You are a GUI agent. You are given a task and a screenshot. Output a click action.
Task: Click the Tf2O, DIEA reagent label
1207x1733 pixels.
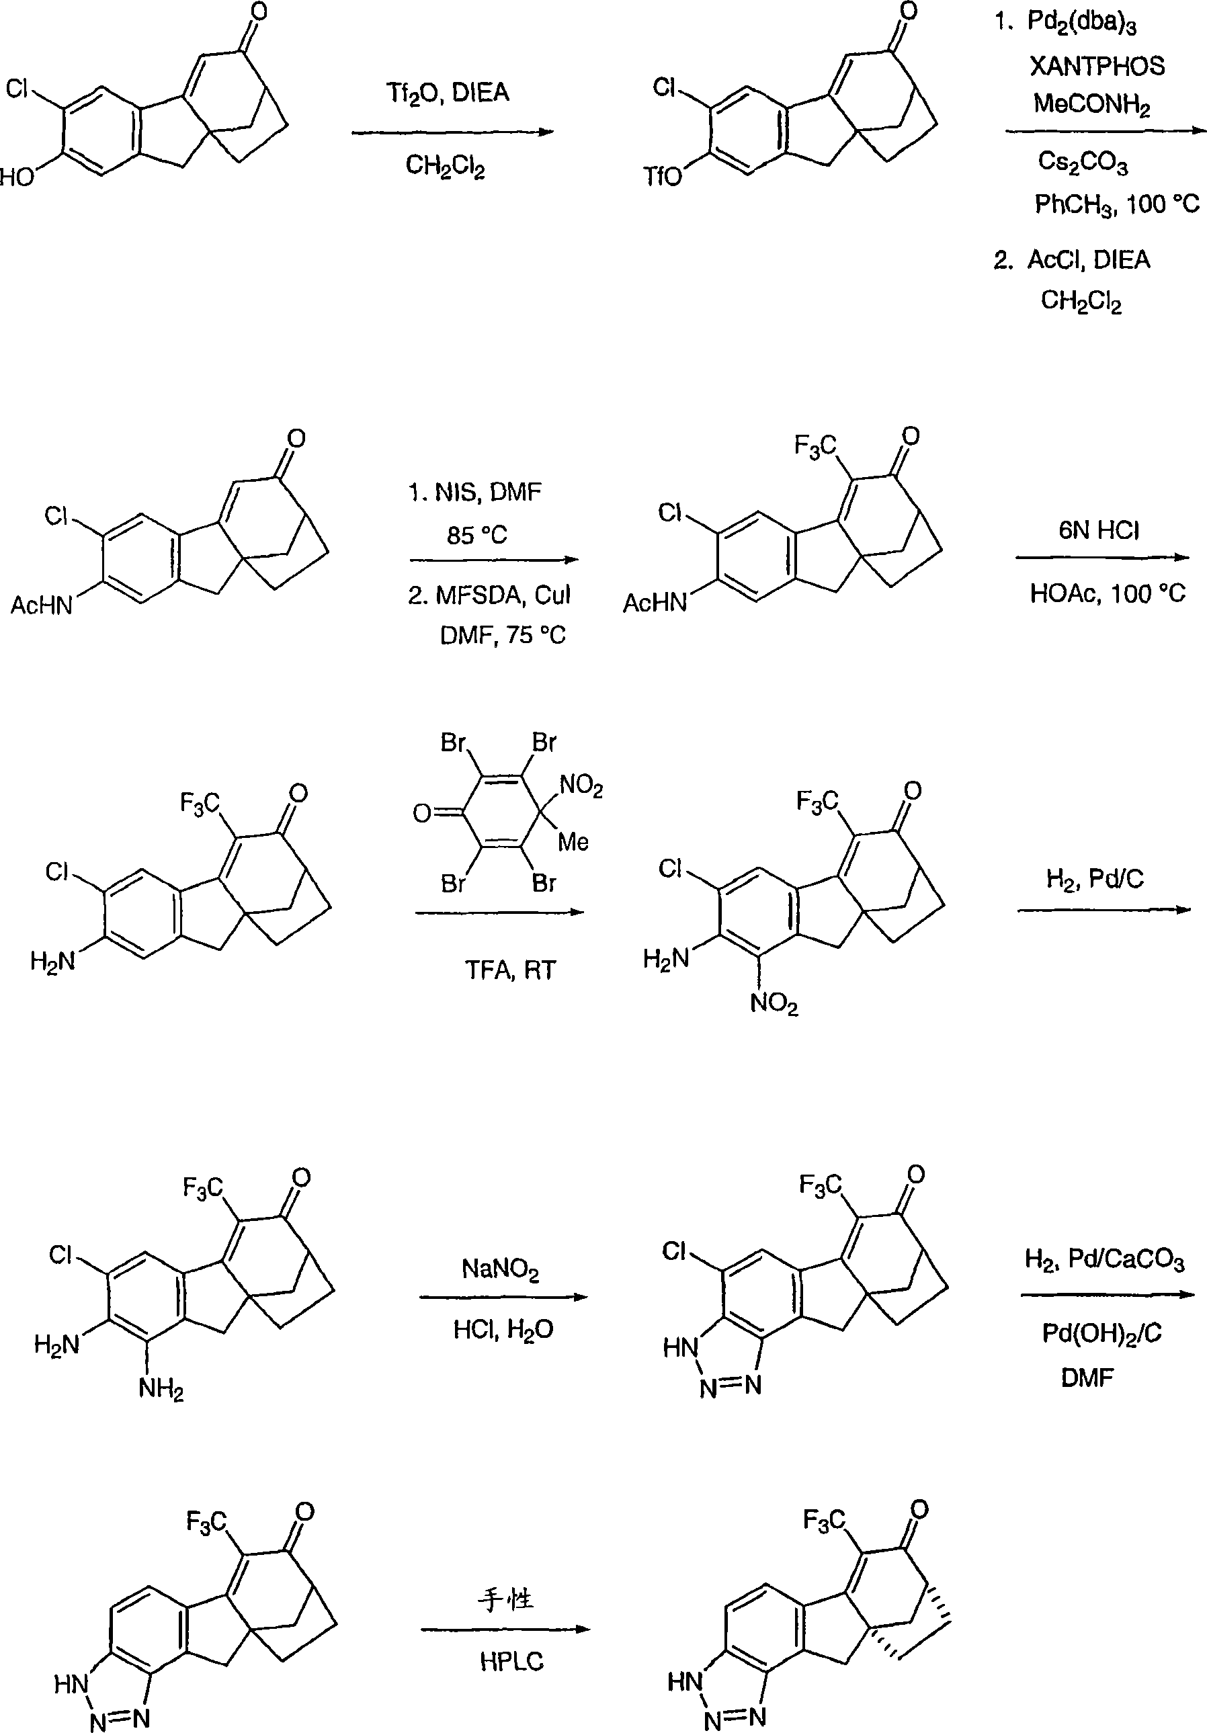point(448,93)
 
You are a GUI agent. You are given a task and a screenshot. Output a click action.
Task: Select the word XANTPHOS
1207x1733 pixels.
point(1097,67)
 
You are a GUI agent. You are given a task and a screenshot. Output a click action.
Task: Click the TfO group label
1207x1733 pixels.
point(662,177)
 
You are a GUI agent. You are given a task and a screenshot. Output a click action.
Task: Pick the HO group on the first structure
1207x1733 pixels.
point(17,177)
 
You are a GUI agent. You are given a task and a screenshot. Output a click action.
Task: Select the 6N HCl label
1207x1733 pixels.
point(1098,531)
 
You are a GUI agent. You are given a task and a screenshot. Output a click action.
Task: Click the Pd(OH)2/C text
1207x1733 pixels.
point(1101,1334)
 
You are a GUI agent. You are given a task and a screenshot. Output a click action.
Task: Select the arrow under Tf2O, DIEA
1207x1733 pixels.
point(453,132)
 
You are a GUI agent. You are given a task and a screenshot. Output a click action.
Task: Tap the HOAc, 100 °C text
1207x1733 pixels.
point(1108,593)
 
